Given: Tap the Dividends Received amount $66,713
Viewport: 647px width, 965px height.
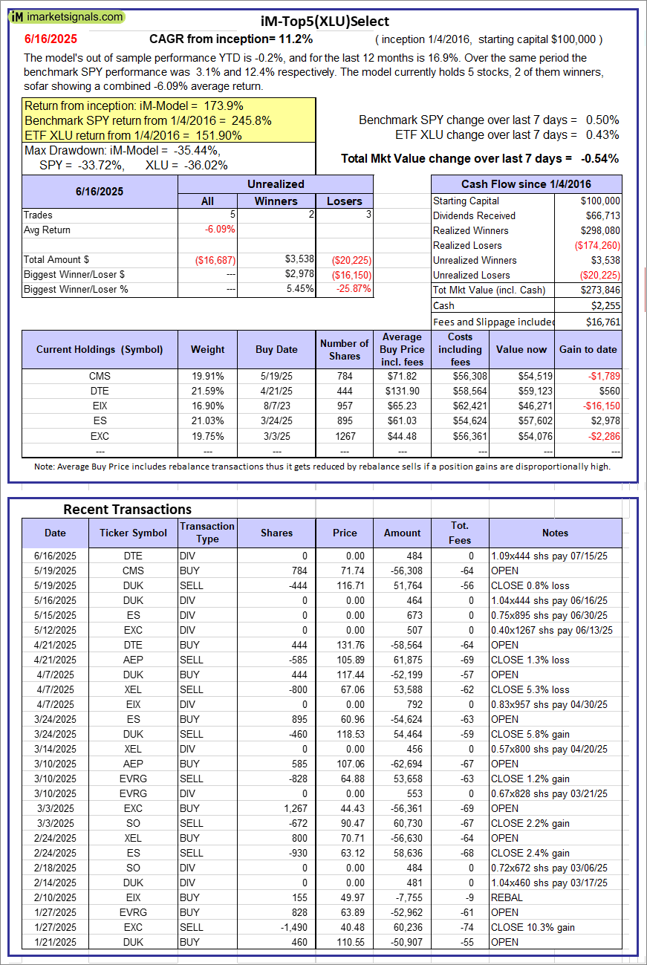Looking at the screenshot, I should tap(600, 215).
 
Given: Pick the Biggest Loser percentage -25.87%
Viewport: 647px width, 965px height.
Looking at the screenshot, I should tap(354, 289).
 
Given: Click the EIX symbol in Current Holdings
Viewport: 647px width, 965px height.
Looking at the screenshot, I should tap(99, 406).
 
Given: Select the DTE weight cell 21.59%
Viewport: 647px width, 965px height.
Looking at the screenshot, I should tap(207, 391).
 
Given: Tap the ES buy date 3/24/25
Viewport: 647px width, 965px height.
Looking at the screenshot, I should tap(276, 420).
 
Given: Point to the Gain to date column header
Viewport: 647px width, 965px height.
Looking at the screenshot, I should tap(587, 349).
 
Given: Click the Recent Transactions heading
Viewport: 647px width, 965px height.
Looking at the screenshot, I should tap(127, 509).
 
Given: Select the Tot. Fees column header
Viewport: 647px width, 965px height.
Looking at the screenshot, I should tap(460, 533).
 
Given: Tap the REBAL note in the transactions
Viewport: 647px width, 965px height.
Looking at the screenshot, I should tap(507, 897).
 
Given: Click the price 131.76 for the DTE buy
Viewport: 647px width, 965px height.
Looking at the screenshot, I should tap(344, 645).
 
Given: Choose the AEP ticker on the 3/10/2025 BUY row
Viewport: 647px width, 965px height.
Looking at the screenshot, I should tap(134, 764).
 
